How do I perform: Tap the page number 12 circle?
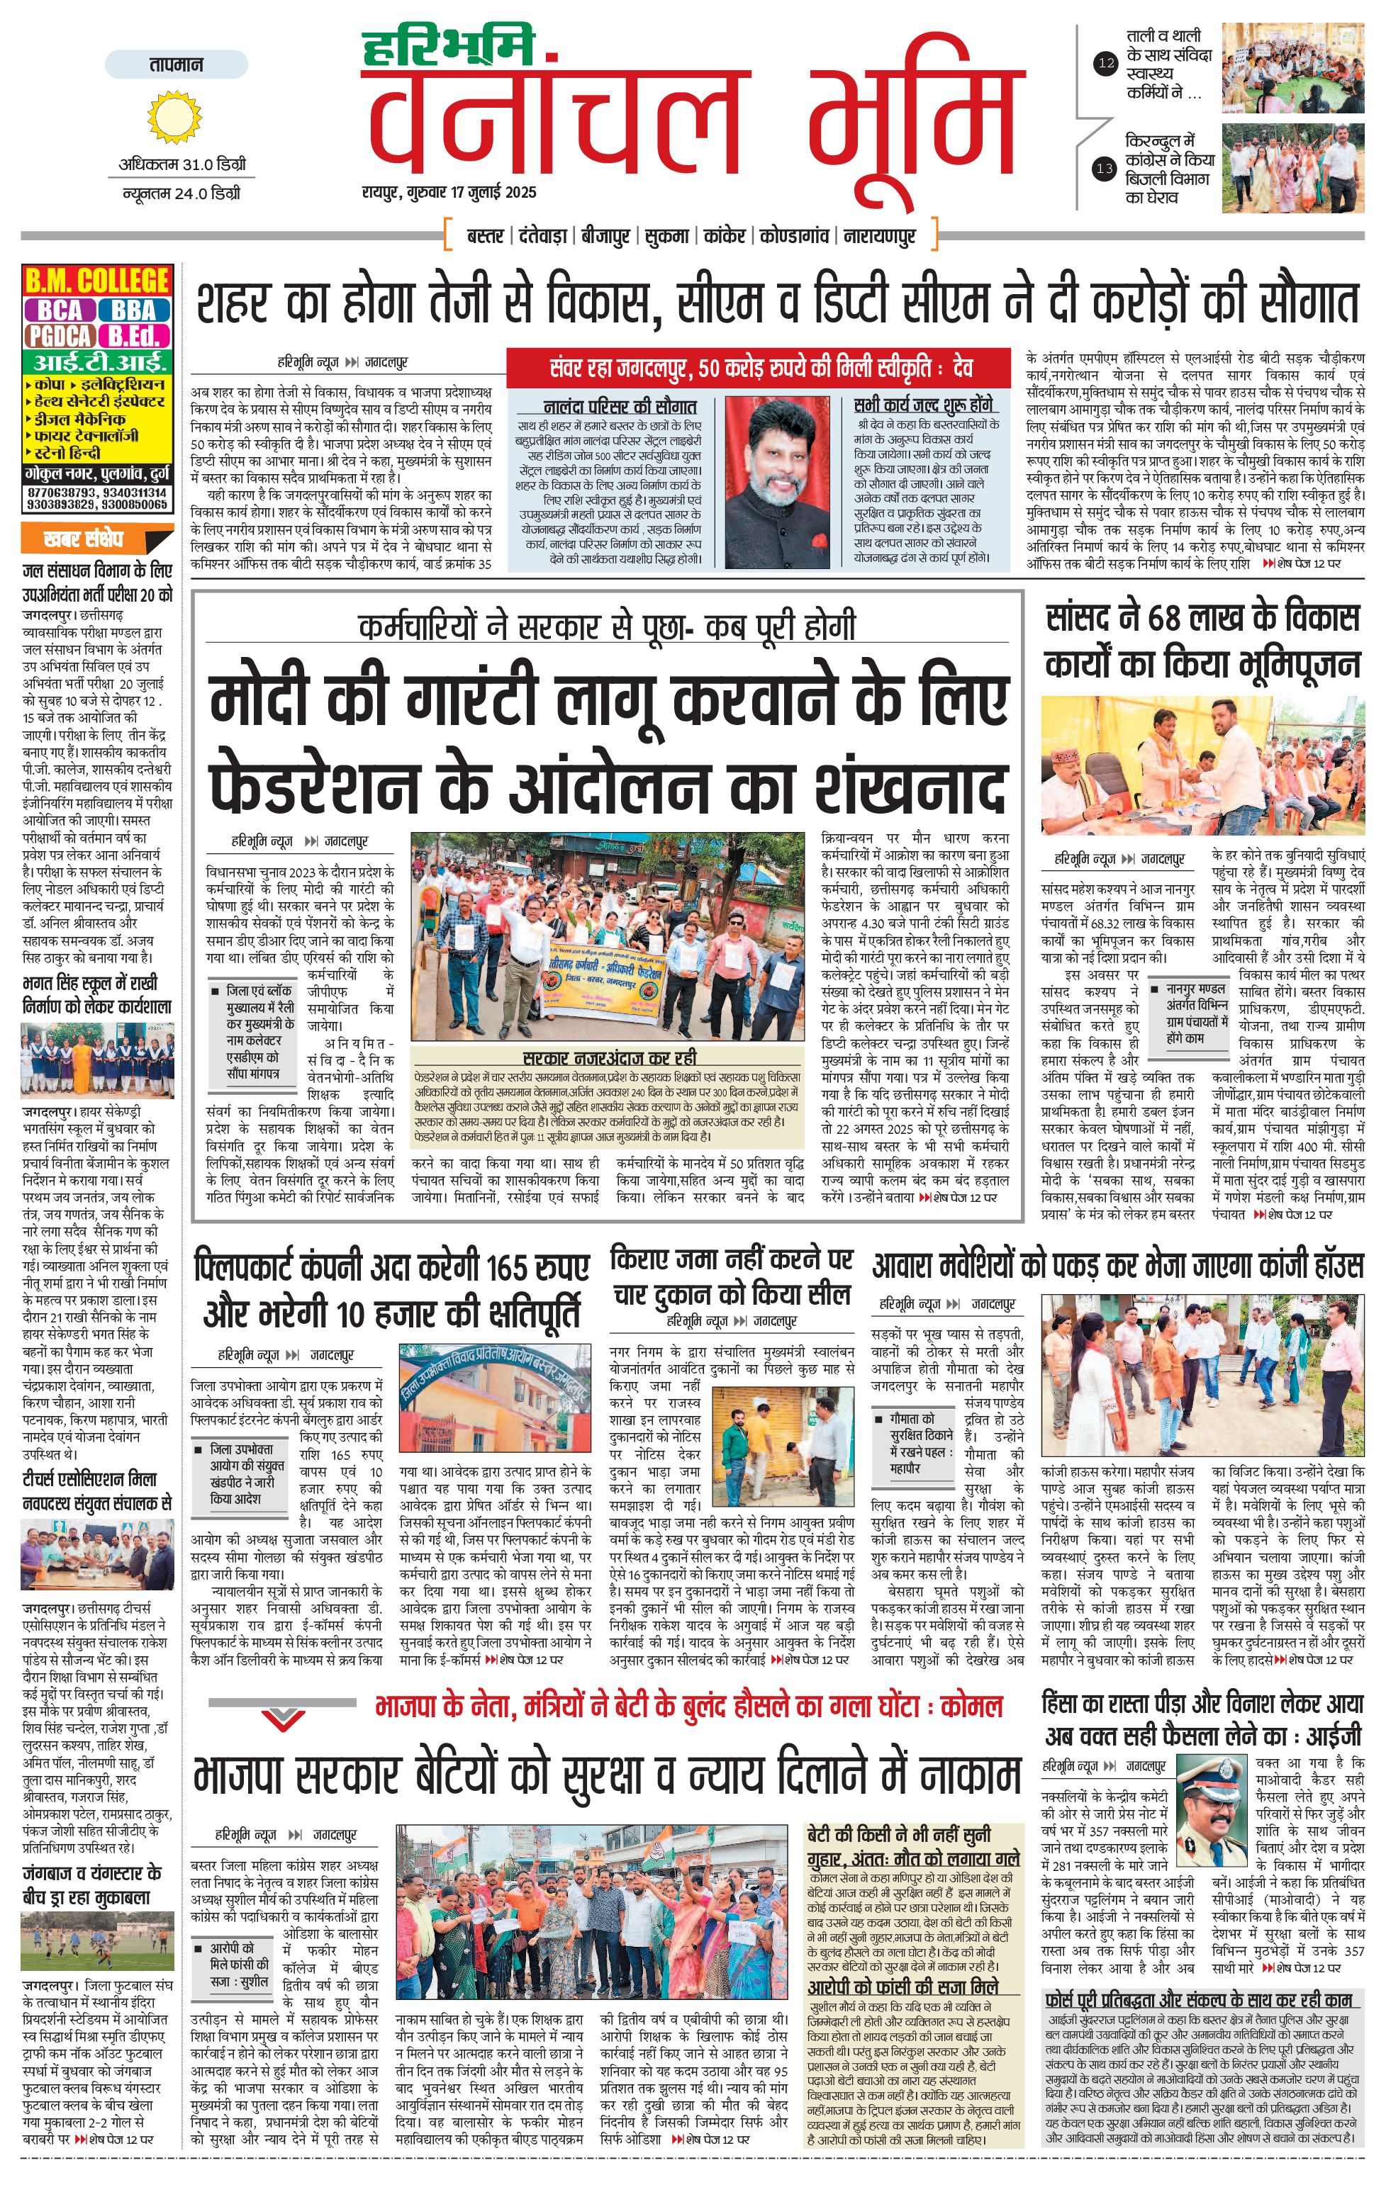pos(1106,63)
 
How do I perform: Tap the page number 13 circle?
pos(1105,168)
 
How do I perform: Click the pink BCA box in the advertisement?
pos(60,311)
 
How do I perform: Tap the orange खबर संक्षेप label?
pos(83,539)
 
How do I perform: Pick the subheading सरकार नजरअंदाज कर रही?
pos(610,1057)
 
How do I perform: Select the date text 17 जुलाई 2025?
pos(493,193)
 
